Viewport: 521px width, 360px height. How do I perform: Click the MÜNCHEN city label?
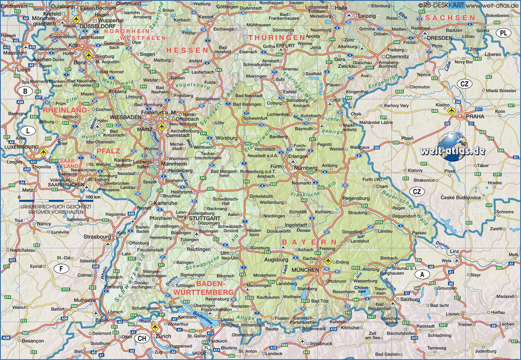point(305,270)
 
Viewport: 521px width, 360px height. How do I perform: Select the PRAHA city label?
point(474,117)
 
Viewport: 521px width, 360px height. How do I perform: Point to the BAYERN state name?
point(309,242)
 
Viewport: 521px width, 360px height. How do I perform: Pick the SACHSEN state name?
point(450,18)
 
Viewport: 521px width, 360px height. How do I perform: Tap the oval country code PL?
point(503,33)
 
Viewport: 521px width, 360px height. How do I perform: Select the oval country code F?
point(61,269)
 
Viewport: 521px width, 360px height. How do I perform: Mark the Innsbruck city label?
point(308,343)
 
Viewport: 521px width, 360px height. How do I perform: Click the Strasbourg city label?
point(98,237)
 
